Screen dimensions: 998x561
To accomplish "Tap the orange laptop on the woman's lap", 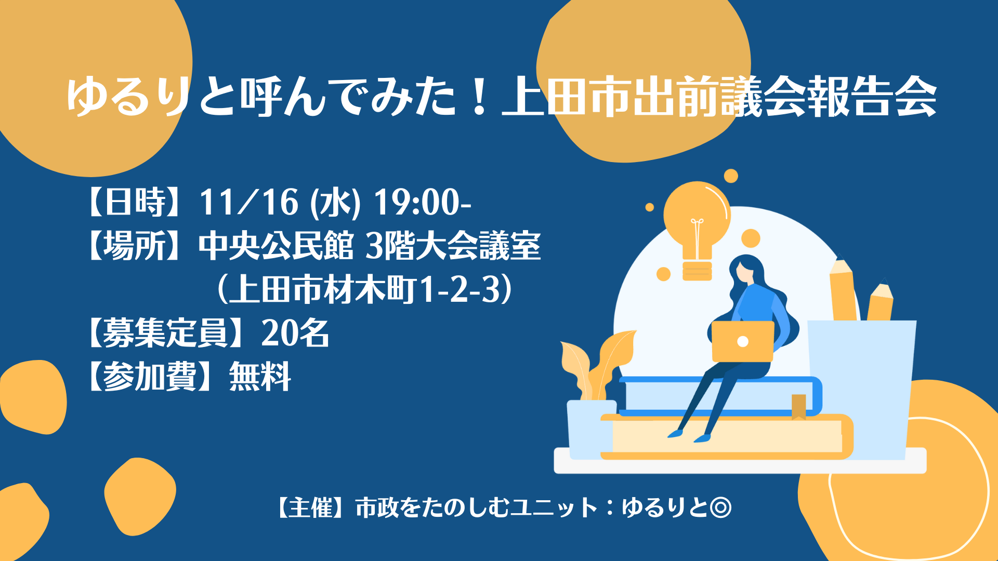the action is point(743,341).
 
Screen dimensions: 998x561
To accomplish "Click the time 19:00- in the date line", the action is point(423,202).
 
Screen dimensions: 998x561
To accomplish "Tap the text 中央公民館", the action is point(276,246).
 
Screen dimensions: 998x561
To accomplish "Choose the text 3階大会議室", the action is point(453,246).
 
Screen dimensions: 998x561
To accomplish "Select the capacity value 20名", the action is point(295,333).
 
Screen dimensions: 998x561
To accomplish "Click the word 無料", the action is point(260,377).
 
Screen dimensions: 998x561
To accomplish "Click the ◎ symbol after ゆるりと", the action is point(720,507).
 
